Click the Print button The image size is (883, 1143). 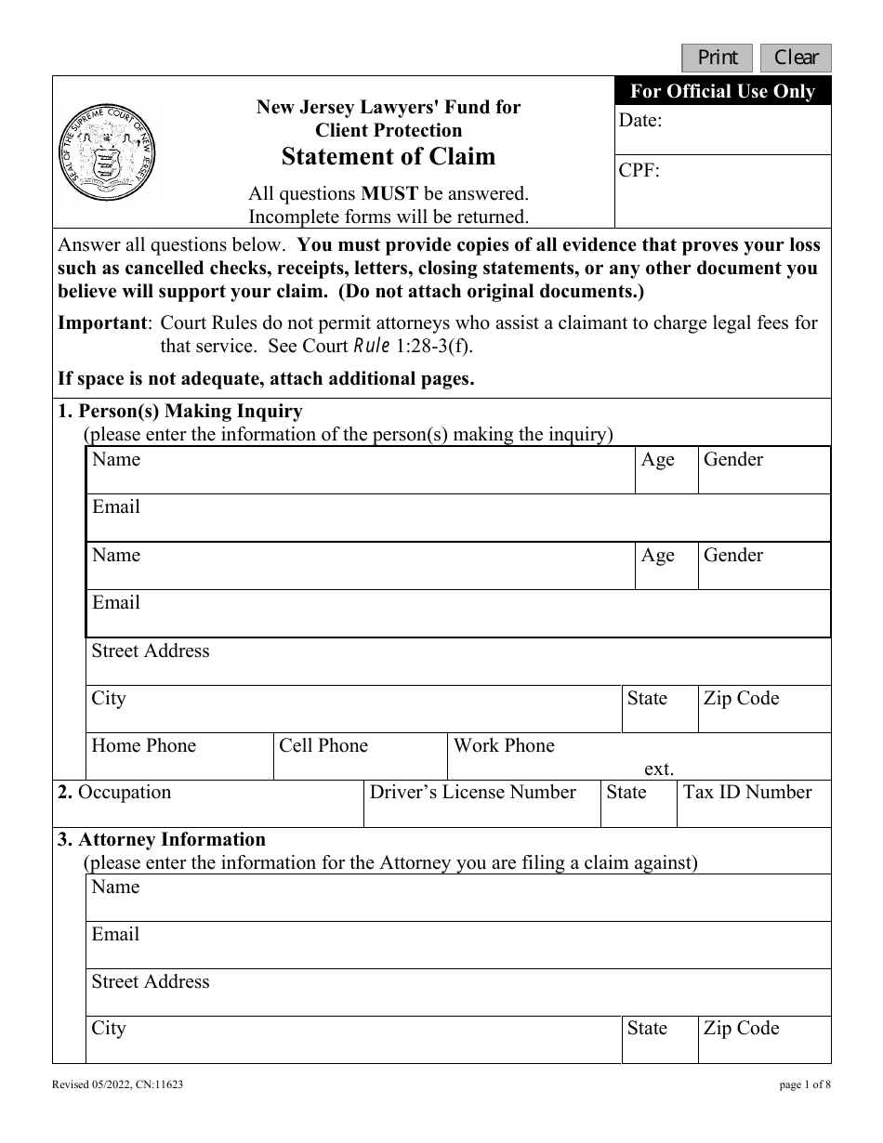tap(718, 58)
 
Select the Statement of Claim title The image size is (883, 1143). tap(389, 156)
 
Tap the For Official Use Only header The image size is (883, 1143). tap(722, 91)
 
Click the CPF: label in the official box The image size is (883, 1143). tap(639, 170)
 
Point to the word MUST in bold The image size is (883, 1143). tap(389, 194)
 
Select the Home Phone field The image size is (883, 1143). tap(179, 757)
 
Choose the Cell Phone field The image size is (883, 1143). tap(360, 757)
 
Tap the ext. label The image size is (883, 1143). tap(658, 769)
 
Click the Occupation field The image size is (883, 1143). tap(207, 805)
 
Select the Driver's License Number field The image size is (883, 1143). tap(481, 805)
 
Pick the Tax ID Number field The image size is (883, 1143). tap(753, 805)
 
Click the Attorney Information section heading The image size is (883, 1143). tap(162, 839)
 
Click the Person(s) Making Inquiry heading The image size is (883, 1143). tap(180, 411)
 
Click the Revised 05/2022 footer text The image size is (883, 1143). tap(117, 1084)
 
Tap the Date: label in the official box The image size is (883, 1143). tap(640, 120)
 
